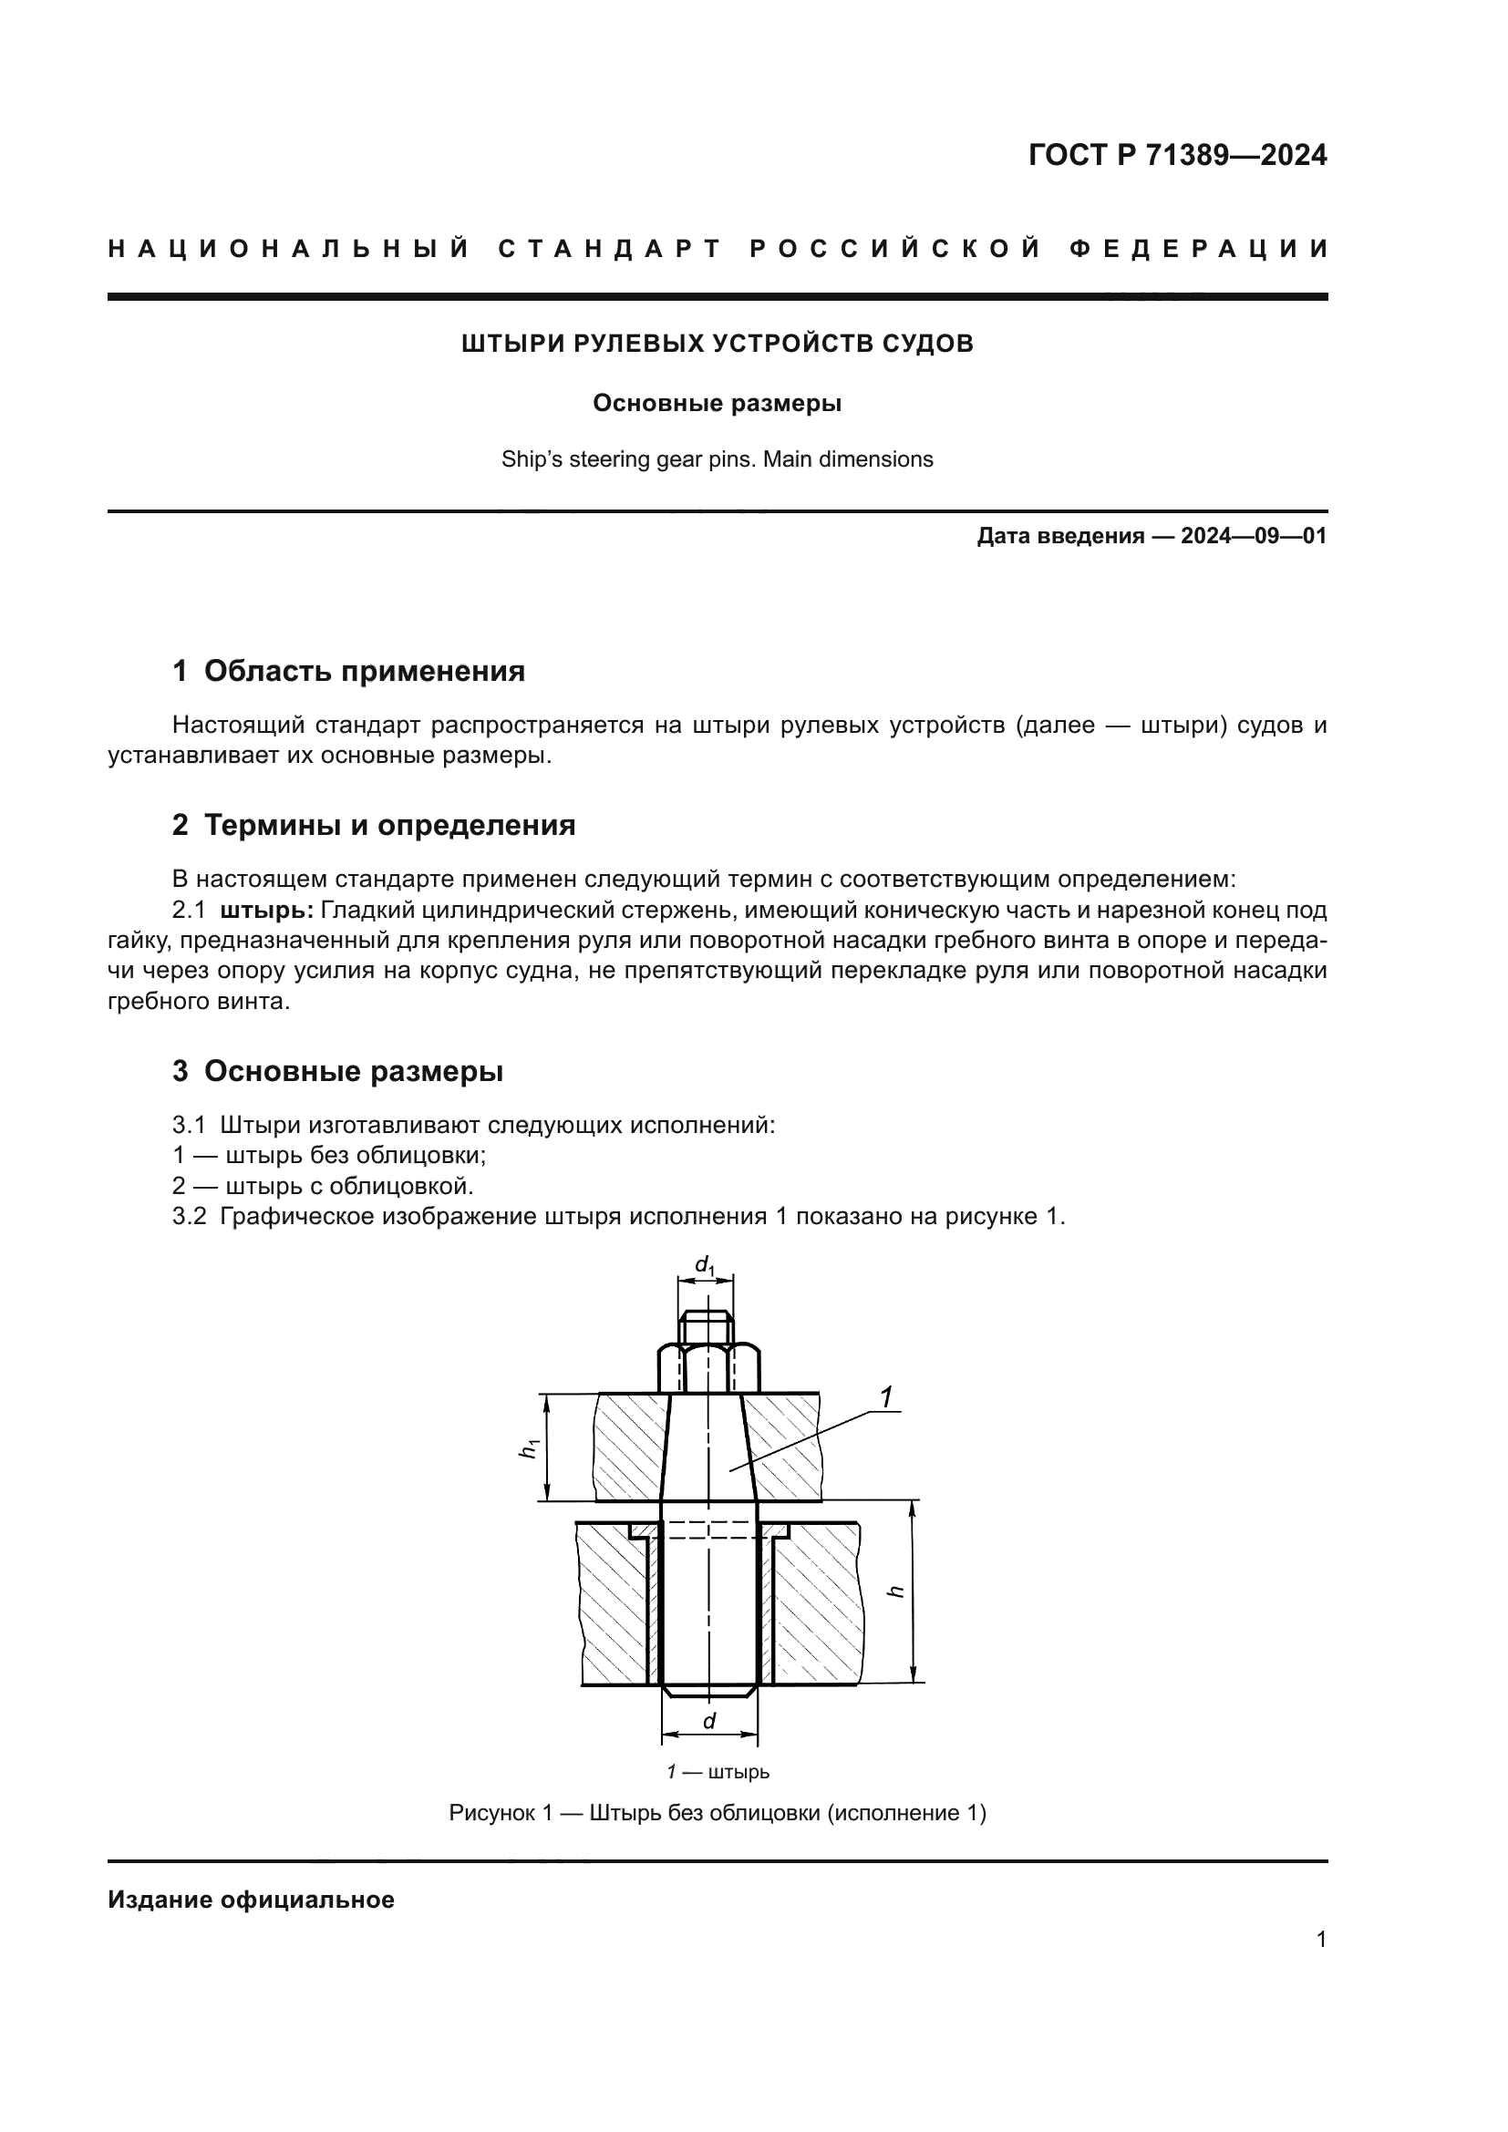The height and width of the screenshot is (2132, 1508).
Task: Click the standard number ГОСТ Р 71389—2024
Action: [x=1176, y=155]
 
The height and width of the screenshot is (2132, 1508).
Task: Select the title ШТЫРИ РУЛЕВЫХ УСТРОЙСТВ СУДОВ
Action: [x=717, y=344]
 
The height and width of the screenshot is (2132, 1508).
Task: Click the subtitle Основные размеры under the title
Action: [x=717, y=404]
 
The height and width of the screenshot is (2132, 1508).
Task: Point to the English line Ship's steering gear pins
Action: [x=717, y=459]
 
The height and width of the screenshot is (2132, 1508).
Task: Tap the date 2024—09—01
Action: [x=1254, y=536]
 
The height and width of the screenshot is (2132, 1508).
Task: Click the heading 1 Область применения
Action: [x=348, y=671]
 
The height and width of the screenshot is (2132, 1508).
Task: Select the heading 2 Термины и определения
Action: [x=373, y=825]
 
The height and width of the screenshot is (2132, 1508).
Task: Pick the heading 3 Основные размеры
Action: [x=337, y=1071]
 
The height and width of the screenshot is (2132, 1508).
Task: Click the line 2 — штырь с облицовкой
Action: [x=323, y=1186]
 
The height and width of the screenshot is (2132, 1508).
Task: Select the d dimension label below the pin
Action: [x=709, y=1721]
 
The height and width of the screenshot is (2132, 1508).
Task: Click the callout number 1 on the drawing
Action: [x=887, y=1397]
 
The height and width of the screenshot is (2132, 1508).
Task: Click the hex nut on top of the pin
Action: [x=709, y=1368]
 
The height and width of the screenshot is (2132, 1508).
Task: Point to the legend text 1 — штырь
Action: [x=717, y=1772]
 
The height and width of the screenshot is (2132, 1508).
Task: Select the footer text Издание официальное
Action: [x=251, y=1900]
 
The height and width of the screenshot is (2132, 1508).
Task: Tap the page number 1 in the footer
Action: [x=1321, y=1940]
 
